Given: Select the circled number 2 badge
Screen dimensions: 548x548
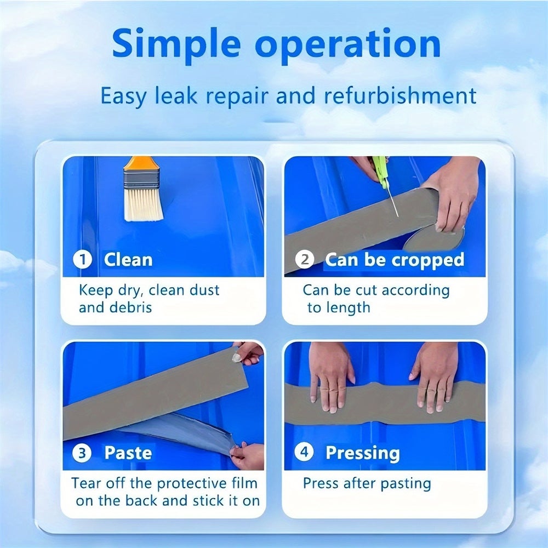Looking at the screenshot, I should click(x=305, y=259).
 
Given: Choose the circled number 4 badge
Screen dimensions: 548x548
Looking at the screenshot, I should click(x=305, y=453).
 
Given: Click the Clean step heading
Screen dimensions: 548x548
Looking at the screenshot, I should click(x=128, y=259).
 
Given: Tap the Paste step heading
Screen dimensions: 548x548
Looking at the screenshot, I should click(x=128, y=453).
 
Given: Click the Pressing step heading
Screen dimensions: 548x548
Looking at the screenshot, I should click(x=362, y=453).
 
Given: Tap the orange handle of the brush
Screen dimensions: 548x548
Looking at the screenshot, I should click(x=139, y=163).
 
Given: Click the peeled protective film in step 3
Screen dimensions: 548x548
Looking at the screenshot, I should click(x=181, y=430).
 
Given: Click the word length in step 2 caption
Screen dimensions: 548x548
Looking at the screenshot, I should click(x=347, y=307).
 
